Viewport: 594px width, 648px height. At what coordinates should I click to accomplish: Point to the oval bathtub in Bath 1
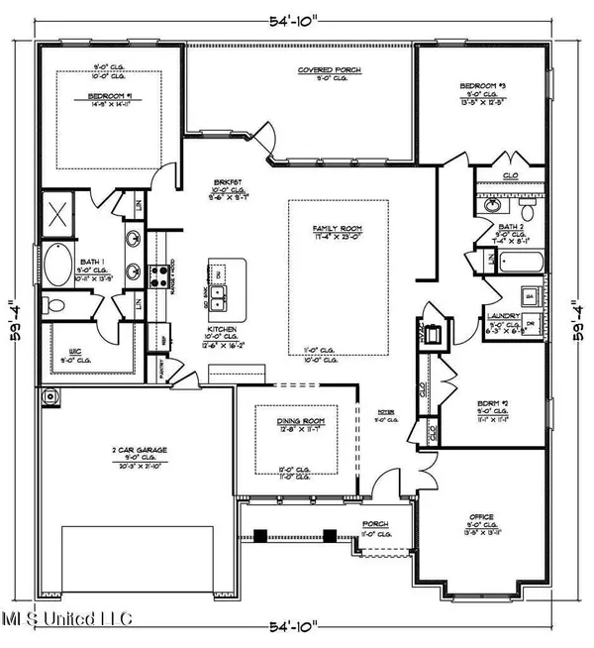58,267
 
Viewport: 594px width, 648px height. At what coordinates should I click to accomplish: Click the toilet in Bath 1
53,306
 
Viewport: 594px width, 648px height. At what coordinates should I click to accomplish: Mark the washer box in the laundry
529,294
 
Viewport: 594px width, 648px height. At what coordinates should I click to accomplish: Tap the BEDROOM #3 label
484,87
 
